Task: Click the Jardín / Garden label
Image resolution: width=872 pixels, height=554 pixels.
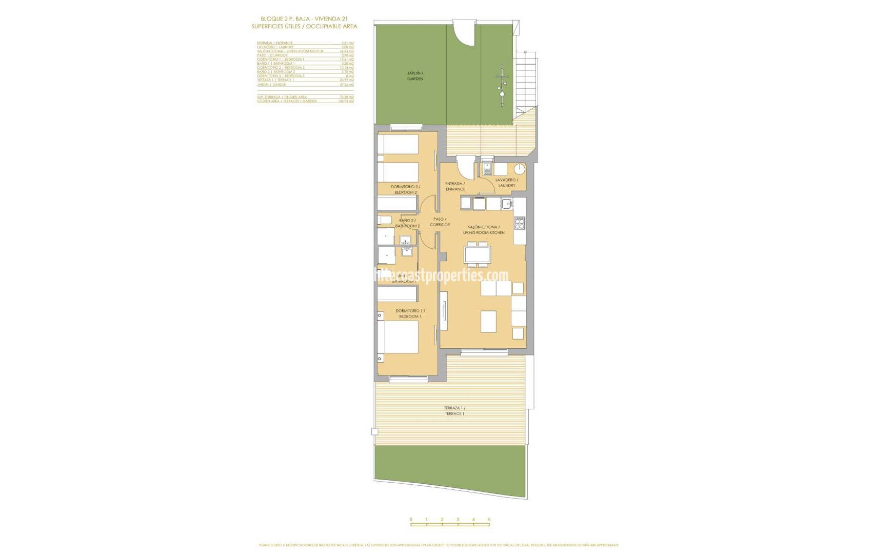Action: point(415,76)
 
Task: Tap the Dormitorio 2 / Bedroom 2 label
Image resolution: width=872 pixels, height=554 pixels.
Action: point(405,189)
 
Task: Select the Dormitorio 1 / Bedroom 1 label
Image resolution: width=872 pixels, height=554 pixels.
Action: point(410,313)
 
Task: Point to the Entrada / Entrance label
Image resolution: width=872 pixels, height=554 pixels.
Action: point(455,186)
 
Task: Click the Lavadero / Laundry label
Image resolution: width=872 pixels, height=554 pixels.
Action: point(506,183)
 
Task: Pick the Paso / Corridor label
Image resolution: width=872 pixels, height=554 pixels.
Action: point(439,222)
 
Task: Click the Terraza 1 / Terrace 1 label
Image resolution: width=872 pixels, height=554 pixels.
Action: point(454,410)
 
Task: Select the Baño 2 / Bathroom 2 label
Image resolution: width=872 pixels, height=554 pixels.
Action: point(407,223)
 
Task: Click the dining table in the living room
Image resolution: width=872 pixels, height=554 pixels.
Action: point(477,254)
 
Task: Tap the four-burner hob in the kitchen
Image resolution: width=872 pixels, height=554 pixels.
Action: point(520,223)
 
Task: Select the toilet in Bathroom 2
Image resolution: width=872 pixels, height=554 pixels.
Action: point(384,221)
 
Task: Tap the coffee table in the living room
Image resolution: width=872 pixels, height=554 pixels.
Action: point(488,321)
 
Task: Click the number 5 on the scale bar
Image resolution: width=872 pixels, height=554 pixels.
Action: point(489,520)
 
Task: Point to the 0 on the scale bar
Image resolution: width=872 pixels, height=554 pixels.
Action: point(411,520)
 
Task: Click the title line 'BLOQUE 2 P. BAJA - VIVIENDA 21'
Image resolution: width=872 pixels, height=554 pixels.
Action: point(304,18)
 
